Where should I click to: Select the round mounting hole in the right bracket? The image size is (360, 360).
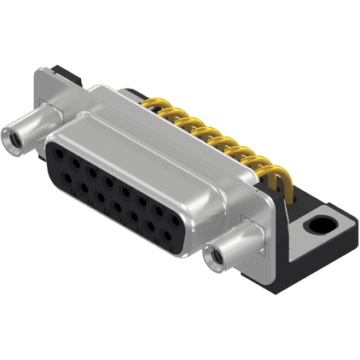point(321,227)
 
